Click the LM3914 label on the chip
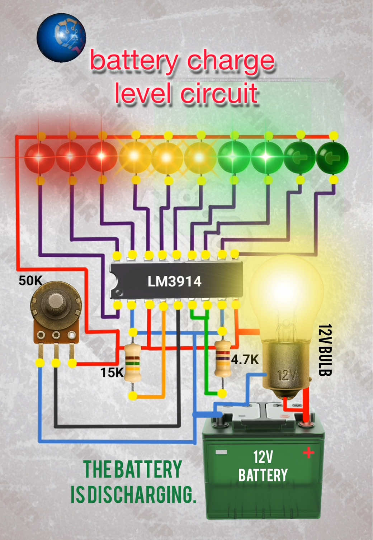coord(174,281)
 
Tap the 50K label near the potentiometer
coord(30,281)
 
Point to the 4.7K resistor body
coord(222,359)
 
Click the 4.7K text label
coord(245,359)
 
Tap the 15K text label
coord(111,373)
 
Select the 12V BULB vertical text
coord(325,350)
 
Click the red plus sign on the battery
coord(308,453)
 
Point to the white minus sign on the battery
coord(221,453)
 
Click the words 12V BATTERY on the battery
coord(263,466)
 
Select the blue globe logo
coord(61,37)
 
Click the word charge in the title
coord(231,61)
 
